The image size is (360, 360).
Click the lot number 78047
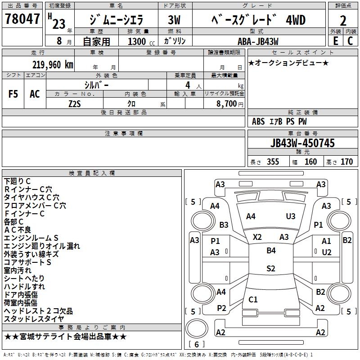(22, 19)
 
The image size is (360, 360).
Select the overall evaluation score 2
(343, 20)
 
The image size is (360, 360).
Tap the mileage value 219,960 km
(53, 64)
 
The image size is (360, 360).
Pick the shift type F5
(13, 94)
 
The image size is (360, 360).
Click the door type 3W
(174, 21)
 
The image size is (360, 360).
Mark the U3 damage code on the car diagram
(291, 216)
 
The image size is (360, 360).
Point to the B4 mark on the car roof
(271, 251)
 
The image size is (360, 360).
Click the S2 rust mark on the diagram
(271, 269)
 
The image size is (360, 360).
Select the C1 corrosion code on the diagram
(253, 299)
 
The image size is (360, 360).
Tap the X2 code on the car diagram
(257, 237)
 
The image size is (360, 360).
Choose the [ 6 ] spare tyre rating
(196, 344)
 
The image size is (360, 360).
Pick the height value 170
(346, 162)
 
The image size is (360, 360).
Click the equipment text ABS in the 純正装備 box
(258, 121)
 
